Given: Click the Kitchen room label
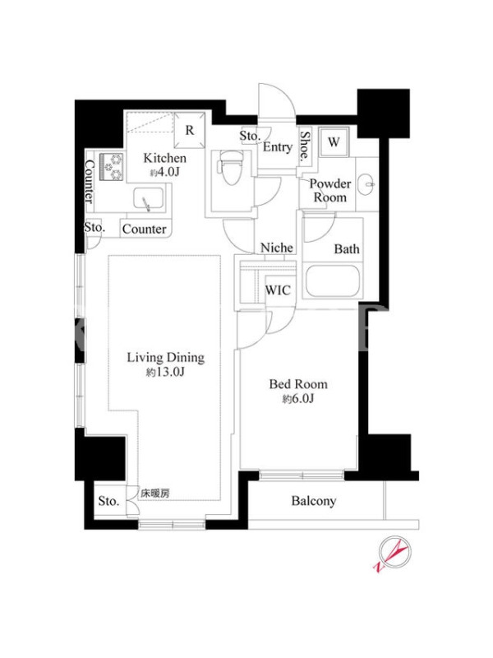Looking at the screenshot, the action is [x=165, y=158].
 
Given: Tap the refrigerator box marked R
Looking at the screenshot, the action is [x=190, y=130].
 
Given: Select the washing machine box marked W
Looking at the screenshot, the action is [x=334, y=141].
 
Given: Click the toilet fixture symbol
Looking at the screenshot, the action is [x=229, y=168].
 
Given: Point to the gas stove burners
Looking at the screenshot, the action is [x=112, y=167].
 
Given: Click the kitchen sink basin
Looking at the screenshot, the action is [x=149, y=199].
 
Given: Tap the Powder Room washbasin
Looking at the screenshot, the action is [x=367, y=183].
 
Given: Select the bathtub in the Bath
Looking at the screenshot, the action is [x=333, y=280].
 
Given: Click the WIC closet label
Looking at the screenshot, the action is [x=278, y=290].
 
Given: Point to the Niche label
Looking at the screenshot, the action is [x=277, y=248].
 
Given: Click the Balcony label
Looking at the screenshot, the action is [x=314, y=501].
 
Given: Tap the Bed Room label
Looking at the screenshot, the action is [x=298, y=384].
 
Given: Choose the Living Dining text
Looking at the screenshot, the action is [x=166, y=358].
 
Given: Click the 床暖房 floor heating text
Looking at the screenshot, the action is [x=155, y=493].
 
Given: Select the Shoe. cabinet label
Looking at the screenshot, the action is [x=305, y=146].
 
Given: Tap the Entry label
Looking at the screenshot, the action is [x=278, y=147].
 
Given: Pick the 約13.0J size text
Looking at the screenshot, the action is [x=166, y=372].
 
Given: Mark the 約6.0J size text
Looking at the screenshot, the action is [x=298, y=399].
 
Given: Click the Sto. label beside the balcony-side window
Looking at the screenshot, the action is [x=108, y=501].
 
